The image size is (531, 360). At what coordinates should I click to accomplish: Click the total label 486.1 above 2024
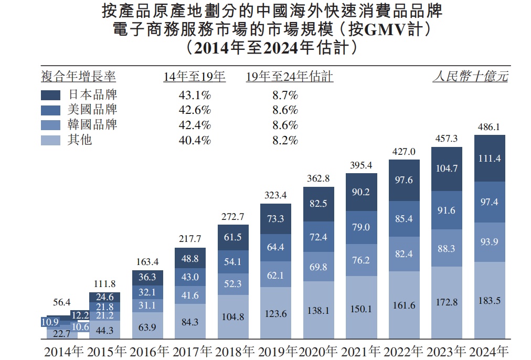[489, 127]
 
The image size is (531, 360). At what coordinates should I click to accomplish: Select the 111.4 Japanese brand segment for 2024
[489, 158]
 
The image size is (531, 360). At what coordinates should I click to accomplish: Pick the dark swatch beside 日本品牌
[51, 95]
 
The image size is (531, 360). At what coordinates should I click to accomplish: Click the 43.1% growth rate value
[195, 95]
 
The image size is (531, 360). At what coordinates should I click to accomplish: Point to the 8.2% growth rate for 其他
[285, 140]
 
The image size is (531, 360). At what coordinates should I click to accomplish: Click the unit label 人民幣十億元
[470, 77]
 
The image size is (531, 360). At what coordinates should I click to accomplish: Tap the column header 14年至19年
[194, 77]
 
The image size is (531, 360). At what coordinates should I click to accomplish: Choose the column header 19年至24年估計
[290, 77]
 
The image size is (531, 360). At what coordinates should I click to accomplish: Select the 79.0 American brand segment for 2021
[361, 227]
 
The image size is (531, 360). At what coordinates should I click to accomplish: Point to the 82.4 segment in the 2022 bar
[403, 253]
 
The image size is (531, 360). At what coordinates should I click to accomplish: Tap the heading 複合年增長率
[78, 77]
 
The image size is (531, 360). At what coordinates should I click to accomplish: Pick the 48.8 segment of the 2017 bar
[190, 259]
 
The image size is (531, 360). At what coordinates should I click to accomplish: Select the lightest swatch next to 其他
[51, 140]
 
